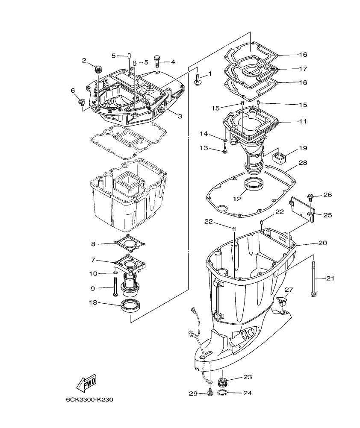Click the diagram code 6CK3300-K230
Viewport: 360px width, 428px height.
(89, 400)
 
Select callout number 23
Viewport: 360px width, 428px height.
(248, 377)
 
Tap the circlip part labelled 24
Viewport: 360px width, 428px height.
(222, 393)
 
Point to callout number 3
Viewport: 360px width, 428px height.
(180, 116)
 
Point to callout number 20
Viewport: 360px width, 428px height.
(322, 243)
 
